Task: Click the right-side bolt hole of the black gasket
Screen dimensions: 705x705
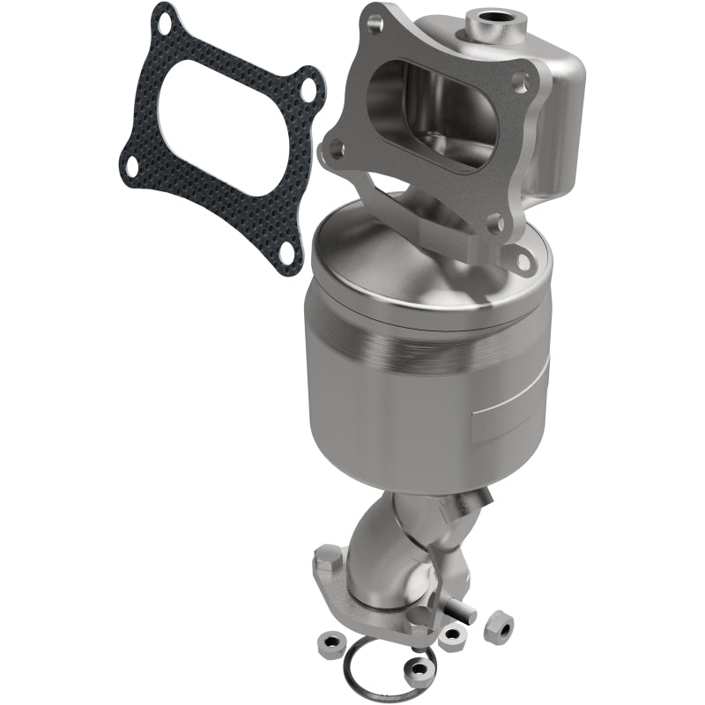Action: click(305, 90)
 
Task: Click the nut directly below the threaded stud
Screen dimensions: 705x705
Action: click(453, 637)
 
